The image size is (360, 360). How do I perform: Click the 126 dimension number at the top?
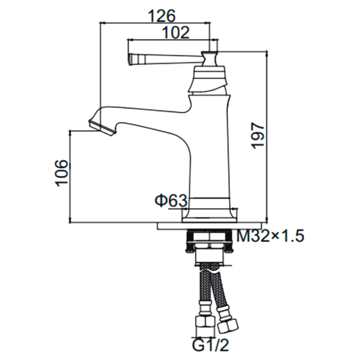[x=162, y=16]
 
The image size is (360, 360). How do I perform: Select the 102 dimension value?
[x=175, y=32]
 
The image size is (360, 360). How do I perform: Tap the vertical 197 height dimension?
[x=258, y=136]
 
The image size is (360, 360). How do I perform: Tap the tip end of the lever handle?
[x=131, y=59]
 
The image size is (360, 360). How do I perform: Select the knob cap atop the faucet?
[x=210, y=58]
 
